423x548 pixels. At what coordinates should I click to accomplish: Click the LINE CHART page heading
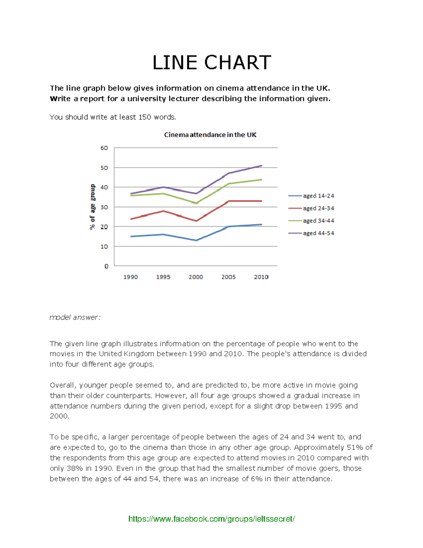[211, 63]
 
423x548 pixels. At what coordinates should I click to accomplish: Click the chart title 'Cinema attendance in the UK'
[210, 135]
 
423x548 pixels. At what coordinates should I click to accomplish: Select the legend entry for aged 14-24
[318, 196]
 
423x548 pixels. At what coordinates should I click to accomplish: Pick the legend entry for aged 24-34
[318, 208]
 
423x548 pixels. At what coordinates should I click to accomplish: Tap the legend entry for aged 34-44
[318, 221]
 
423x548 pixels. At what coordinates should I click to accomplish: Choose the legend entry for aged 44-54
[318, 233]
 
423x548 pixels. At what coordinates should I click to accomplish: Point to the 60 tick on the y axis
[104, 148]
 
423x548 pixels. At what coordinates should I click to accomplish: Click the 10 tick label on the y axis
[104, 247]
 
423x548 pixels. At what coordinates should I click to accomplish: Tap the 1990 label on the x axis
[130, 277]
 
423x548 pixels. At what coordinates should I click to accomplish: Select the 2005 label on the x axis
[228, 277]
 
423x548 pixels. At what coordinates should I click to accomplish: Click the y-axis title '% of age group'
[92, 207]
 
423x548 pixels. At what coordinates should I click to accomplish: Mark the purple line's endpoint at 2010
[262, 165]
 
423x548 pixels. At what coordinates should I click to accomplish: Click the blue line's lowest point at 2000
[196, 240]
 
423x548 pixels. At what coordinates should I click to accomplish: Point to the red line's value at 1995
[163, 211]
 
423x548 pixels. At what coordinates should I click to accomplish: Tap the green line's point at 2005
[229, 183]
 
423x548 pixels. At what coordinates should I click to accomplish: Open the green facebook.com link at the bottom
[211, 519]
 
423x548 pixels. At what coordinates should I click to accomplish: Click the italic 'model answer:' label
[75, 318]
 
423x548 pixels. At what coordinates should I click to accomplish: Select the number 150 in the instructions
[145, 117]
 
